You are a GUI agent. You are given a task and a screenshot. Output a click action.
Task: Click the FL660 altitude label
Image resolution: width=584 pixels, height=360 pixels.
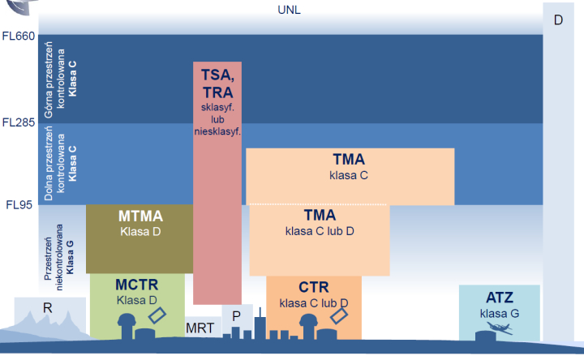[19, 36]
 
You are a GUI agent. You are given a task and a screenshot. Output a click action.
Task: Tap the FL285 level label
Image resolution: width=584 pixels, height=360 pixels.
[19, 122]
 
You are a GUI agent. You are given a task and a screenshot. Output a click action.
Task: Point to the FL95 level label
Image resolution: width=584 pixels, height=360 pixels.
[19, 205]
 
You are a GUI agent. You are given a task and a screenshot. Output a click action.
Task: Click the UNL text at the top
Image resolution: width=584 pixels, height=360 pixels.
[289, 10]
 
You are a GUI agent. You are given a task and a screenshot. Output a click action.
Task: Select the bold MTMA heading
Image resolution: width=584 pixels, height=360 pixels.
[141, 216]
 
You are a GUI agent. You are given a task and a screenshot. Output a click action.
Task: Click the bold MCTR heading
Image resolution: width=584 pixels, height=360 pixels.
[137, 285]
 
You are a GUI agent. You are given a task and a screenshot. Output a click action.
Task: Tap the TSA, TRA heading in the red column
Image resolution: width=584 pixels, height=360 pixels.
[218, 84]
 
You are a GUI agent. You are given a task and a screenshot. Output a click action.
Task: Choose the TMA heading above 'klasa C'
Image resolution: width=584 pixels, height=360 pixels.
[349, 160]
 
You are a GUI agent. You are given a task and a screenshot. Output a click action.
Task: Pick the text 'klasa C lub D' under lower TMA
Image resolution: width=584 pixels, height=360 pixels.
[320, 231]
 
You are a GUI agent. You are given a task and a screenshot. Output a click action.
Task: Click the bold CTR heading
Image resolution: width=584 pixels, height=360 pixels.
[314, 287]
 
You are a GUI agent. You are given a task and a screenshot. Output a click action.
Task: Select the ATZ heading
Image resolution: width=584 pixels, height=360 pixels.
[500, 298]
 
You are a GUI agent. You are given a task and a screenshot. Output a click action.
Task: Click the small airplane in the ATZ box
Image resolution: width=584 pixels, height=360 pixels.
[500, 328]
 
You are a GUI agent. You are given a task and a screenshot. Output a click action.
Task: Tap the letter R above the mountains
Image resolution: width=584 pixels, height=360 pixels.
[47, 308]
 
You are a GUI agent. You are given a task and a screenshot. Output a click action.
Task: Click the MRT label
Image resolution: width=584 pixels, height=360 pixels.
[200, 328]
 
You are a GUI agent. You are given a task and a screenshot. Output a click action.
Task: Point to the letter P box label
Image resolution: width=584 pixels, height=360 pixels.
[236, 316]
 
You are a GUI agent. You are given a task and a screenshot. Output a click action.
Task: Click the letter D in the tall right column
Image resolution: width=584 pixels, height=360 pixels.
[558, 20]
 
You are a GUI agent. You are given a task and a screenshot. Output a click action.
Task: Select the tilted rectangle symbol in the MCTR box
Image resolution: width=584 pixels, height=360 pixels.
[157, 315]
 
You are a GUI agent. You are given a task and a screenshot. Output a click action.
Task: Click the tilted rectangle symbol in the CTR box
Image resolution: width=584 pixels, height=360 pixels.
[339, 315]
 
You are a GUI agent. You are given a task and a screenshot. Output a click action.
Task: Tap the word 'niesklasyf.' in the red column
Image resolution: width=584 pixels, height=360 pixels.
[217, 131]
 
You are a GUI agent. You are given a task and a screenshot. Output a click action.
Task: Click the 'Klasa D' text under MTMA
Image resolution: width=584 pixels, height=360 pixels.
[140, 232]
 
